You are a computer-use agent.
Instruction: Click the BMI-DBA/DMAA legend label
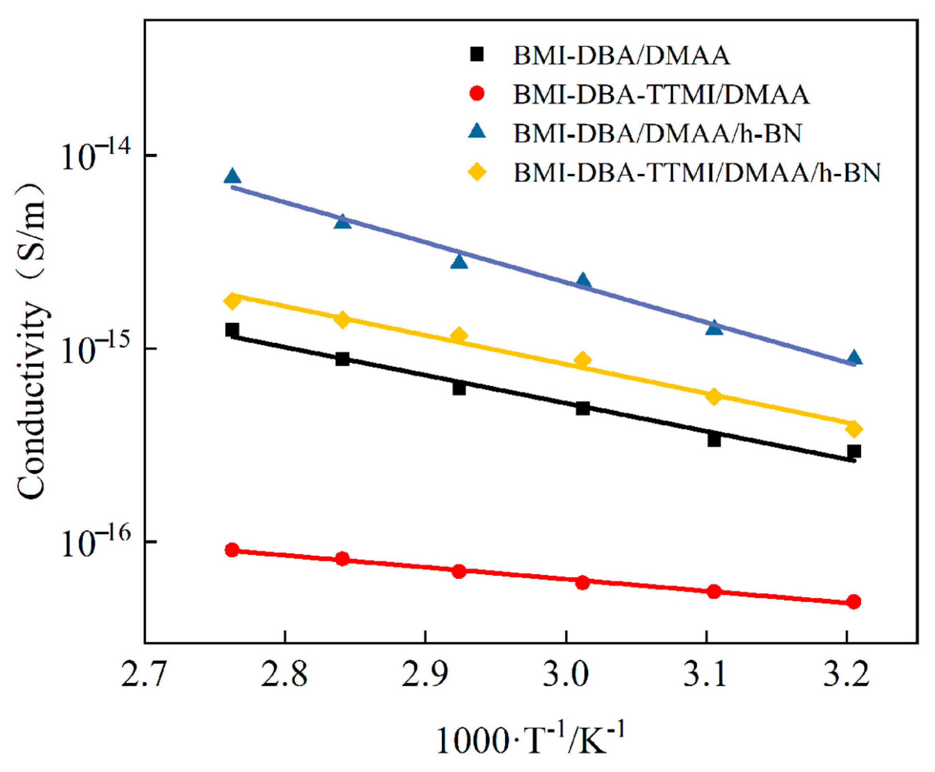pyautogui.click(x=622, y=56)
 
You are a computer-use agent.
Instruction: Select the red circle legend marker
pyautogui.click(x=477, y=94)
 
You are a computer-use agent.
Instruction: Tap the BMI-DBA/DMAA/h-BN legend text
pyautogui.click(x=658, y=133)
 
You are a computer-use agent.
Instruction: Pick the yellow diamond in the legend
pyautogui.click(x=477, y=172)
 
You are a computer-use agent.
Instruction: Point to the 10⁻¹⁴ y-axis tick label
pyautogui.click(x=96, y=155)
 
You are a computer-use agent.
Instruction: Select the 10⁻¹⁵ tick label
pyautogui.click(x=96, y=349)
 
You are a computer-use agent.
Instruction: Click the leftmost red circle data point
pyautogui.click(x=231, y=550)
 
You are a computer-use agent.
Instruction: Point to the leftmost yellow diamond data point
pyautogui.click(x=231, y=301)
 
